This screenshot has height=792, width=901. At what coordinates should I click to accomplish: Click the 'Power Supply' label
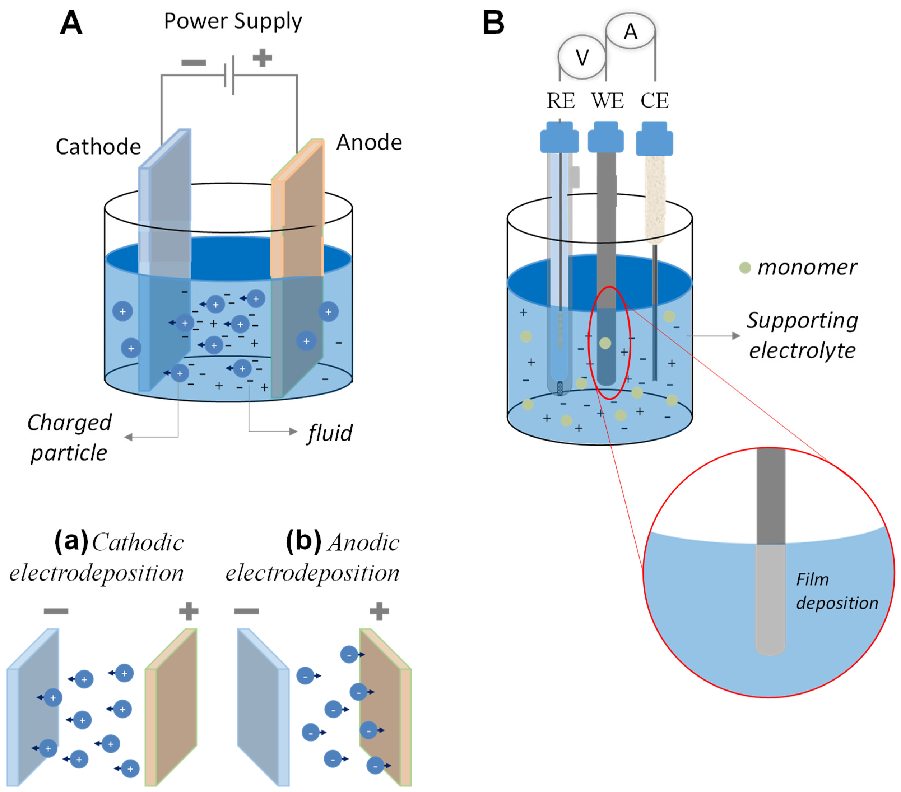coord(233,21)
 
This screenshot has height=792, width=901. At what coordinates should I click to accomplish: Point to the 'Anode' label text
coord(369,142)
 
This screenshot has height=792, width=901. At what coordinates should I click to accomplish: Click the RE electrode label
coord(561,101)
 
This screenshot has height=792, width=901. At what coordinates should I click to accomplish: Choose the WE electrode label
coord(607,101)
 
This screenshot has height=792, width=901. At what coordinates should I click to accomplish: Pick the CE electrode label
coord(654,101)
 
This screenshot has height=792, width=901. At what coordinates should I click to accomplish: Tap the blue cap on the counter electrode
coord(654,139)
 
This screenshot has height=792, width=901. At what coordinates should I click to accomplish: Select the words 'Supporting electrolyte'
coord(802,335)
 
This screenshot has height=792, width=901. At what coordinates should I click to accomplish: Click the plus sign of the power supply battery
coord(262,58)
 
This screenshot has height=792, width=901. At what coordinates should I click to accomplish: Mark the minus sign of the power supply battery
coord(194,62)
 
